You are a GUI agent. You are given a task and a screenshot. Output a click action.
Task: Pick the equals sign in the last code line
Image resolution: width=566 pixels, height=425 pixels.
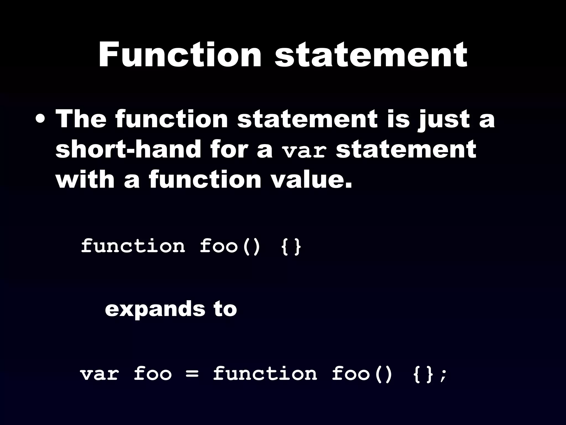pos(192,374)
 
